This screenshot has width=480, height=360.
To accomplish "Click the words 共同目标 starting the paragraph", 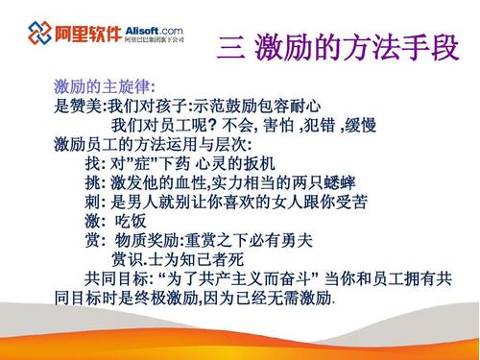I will (116, 278).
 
